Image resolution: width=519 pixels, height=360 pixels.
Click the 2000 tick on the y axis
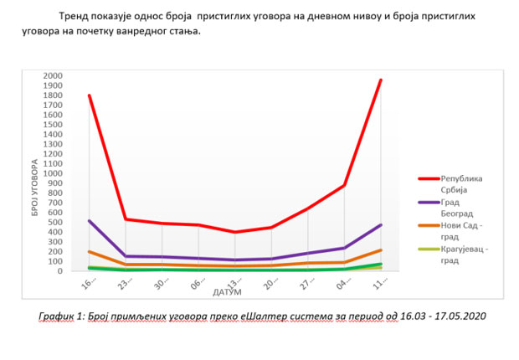52,75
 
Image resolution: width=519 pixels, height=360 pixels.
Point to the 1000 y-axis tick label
52,173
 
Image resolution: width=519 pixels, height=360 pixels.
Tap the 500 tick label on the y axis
55,222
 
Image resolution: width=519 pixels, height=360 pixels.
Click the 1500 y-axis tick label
52,125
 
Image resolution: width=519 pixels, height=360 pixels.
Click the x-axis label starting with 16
90,285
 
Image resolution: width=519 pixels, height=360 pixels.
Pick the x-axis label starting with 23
126,285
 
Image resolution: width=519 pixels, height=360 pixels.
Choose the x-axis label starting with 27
308,285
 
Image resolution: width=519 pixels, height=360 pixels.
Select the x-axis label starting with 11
380,285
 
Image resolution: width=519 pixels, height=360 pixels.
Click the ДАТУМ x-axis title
228,292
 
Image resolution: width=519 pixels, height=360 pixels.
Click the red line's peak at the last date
381,80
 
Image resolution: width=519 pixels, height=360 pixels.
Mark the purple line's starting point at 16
89,221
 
